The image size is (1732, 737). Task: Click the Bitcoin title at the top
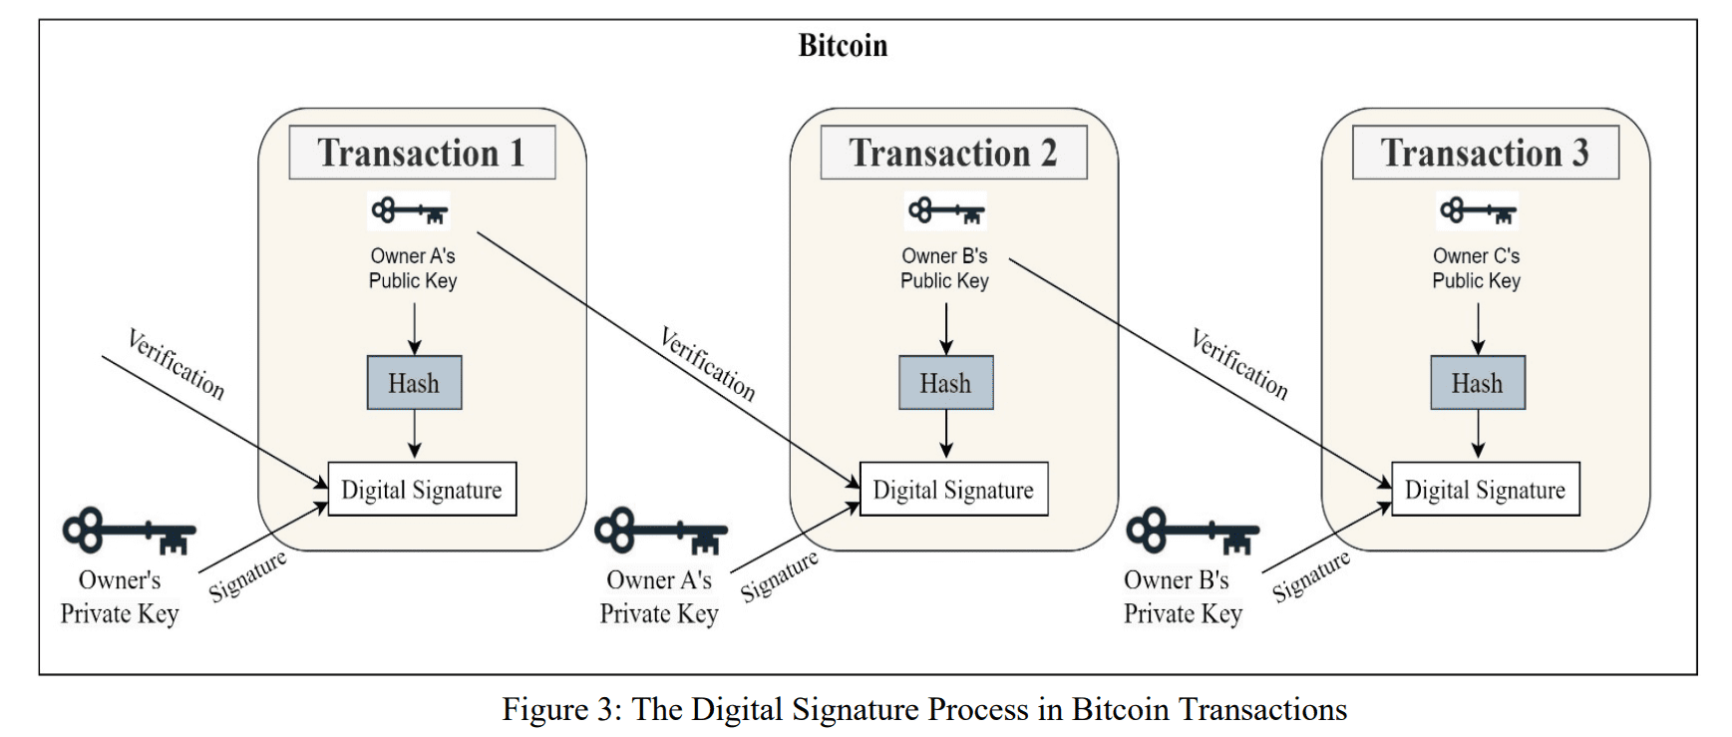pyautogui.click(x=843, y=46)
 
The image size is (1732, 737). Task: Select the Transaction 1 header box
pyautogui.click(x=422, y=153)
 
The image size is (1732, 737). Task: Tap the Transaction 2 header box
pyautogui.click(x=953, y=153)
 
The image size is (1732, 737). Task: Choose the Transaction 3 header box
pyautogui.click(x=1485, y=153)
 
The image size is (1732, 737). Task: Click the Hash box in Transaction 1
pyautogui.click(x=414, y=383)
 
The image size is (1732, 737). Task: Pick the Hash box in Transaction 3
pyautogui.click(x=1477, y=383)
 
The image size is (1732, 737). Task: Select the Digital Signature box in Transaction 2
pyautogui.click(x=953, y=489)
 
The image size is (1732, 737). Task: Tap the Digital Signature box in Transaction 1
pyautogui.click(x=422, y=489)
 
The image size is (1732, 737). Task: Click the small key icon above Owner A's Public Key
pyautogui.click(x=409, y=211)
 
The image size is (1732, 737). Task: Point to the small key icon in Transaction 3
pyautogui.click(x=1477, y=211)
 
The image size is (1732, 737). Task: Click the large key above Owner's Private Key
pyautogui.click(x=129, y=533)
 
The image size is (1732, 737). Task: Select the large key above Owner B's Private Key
pyautogui.click(x=1193, y=533)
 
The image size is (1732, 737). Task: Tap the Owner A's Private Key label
pyautogui.click(x=659, y=596)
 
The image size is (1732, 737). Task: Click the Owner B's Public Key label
pyautogui.click(x=944, y=268)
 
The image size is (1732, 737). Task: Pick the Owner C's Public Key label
pyautogui.click(x=1476, y=268)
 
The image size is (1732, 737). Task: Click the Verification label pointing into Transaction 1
pyautogui.click(x=176, y=364)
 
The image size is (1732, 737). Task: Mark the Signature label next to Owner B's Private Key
pyautogui.click(x=1310, y=576)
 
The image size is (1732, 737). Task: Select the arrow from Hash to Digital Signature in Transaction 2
pyautogui.click(x=946, y=435)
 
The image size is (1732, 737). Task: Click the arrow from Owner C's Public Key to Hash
pyautogui.click(x=1478, y=328)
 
